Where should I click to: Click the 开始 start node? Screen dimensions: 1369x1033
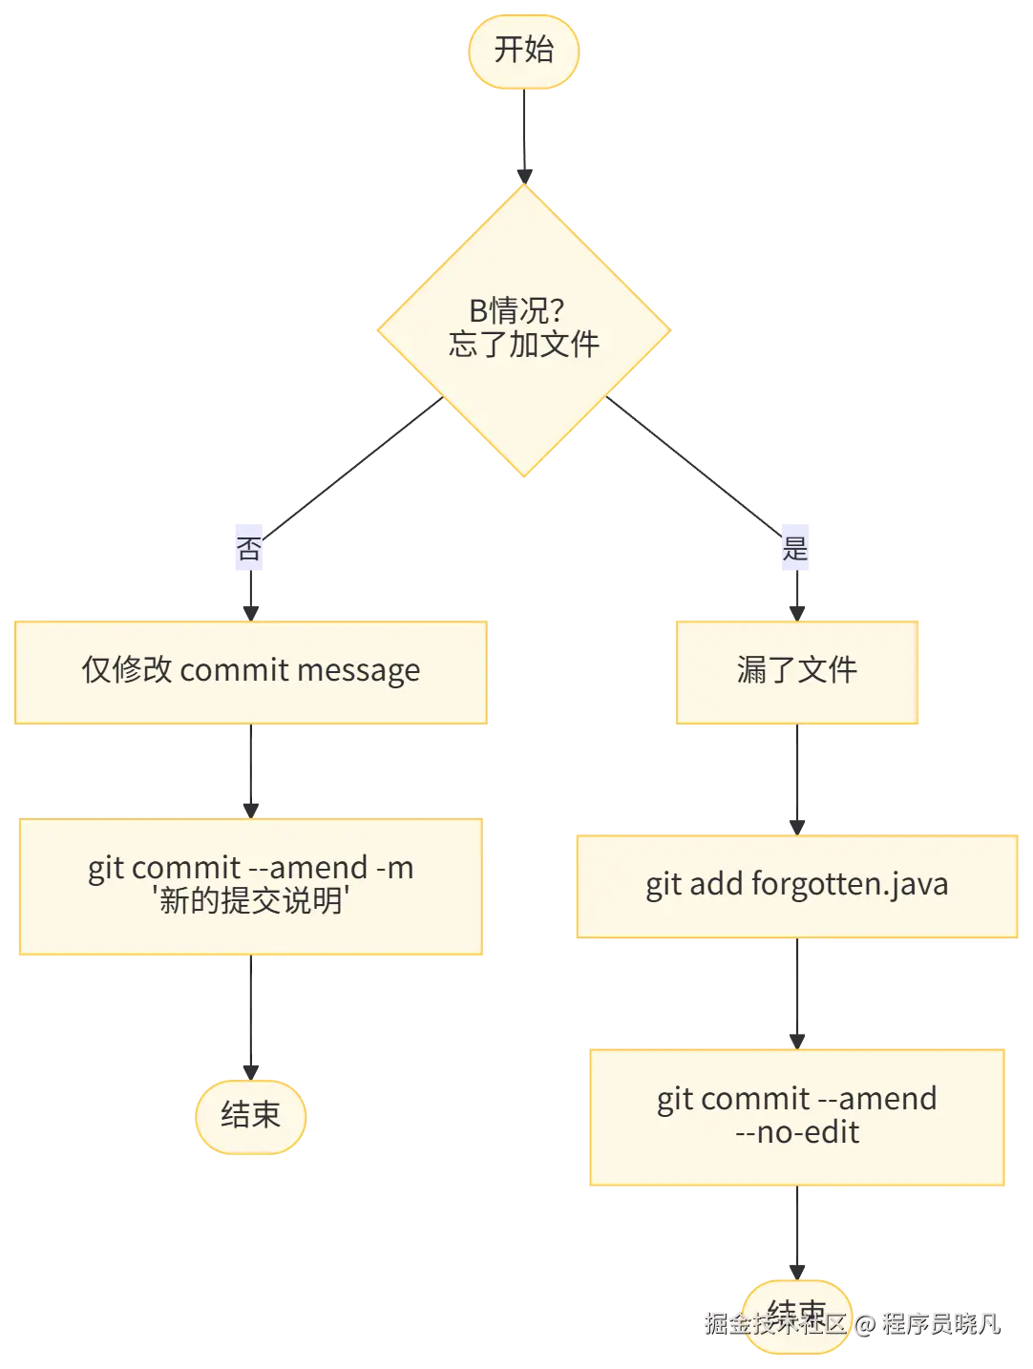523,51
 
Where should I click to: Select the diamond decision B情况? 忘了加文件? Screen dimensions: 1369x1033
524,329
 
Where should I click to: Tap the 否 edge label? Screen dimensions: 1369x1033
248,548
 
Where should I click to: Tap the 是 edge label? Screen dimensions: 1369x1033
794,548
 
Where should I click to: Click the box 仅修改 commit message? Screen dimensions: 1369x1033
249,671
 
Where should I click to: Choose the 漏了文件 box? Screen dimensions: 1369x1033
797,671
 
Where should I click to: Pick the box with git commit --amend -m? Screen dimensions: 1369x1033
250,886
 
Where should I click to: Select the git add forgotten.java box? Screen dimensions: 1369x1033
797,885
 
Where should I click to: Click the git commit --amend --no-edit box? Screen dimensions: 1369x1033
797,1116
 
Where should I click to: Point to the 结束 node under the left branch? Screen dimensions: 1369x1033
250,1115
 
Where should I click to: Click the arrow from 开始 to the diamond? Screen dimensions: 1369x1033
523,134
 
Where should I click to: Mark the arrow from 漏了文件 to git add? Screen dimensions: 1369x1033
797,778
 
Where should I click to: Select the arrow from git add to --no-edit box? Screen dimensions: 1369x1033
797,993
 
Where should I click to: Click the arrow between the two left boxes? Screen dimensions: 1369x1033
248,769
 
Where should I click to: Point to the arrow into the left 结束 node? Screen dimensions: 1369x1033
248,1017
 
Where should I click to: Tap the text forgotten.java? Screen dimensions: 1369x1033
850,885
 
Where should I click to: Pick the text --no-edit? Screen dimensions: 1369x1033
797,1133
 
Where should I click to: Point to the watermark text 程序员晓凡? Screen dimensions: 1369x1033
940,1323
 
